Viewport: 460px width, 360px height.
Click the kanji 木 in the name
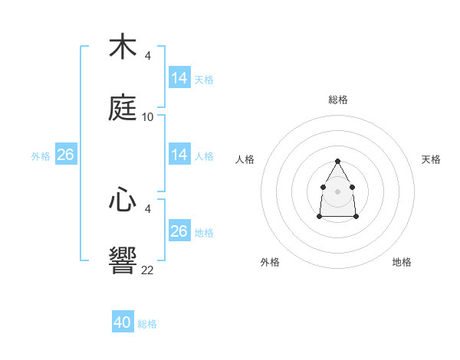pos(123,47)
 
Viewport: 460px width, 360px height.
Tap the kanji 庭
pos(123,107)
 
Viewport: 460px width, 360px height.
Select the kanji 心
pos(123,201)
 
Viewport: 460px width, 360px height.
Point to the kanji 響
pos(123,260)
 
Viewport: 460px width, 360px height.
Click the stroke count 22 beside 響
pos(148,270)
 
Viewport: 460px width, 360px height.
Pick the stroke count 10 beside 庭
pos(148,117)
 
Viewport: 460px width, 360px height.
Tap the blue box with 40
pos(123,322)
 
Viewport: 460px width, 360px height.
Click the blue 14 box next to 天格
pos(179,78)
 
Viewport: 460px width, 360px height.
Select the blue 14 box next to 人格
pos(179,155)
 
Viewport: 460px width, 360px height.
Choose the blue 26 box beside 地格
pos(179,231)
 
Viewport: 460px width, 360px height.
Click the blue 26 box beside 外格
pos(65,155)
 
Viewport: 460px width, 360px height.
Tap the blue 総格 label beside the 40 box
pos(147,324)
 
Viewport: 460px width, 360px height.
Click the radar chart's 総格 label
pos(338,100)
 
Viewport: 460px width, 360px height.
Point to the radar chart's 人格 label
pos(245,159)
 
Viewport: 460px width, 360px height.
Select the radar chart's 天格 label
pos(431,159)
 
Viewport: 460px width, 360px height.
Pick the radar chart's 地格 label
pos(402,262)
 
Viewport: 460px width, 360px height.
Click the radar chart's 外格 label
pos(270,262)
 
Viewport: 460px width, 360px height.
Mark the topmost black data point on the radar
pos(337,161)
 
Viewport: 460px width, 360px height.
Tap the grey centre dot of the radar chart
pos(337,190)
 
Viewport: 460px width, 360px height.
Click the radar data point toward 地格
pos(356,217)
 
